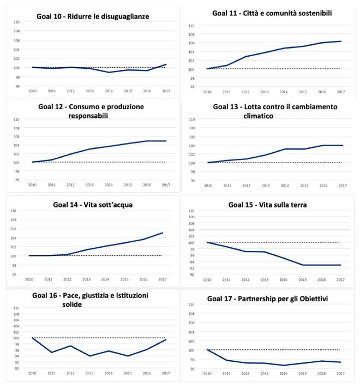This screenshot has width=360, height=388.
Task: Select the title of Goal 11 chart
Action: tap(273, 12)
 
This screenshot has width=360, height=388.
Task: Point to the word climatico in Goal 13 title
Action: tap(263, 116)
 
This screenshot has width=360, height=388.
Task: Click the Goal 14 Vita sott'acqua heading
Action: tap(93, 205)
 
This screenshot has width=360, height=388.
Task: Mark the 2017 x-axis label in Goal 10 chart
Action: tap(166, 91)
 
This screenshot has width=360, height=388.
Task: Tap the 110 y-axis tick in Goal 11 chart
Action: tap(191, 26)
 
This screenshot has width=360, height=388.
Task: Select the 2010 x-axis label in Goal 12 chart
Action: tap(32, 184)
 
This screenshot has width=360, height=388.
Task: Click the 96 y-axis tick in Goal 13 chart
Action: tap(191, 180)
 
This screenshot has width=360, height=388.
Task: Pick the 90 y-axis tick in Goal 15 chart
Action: tap(191, 274)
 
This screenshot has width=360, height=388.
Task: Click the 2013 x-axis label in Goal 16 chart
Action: tap(89, 373)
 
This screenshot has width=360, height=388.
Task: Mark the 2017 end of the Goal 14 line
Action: tap(163, 233)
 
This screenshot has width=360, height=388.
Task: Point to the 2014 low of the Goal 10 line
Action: tap(109, 72)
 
